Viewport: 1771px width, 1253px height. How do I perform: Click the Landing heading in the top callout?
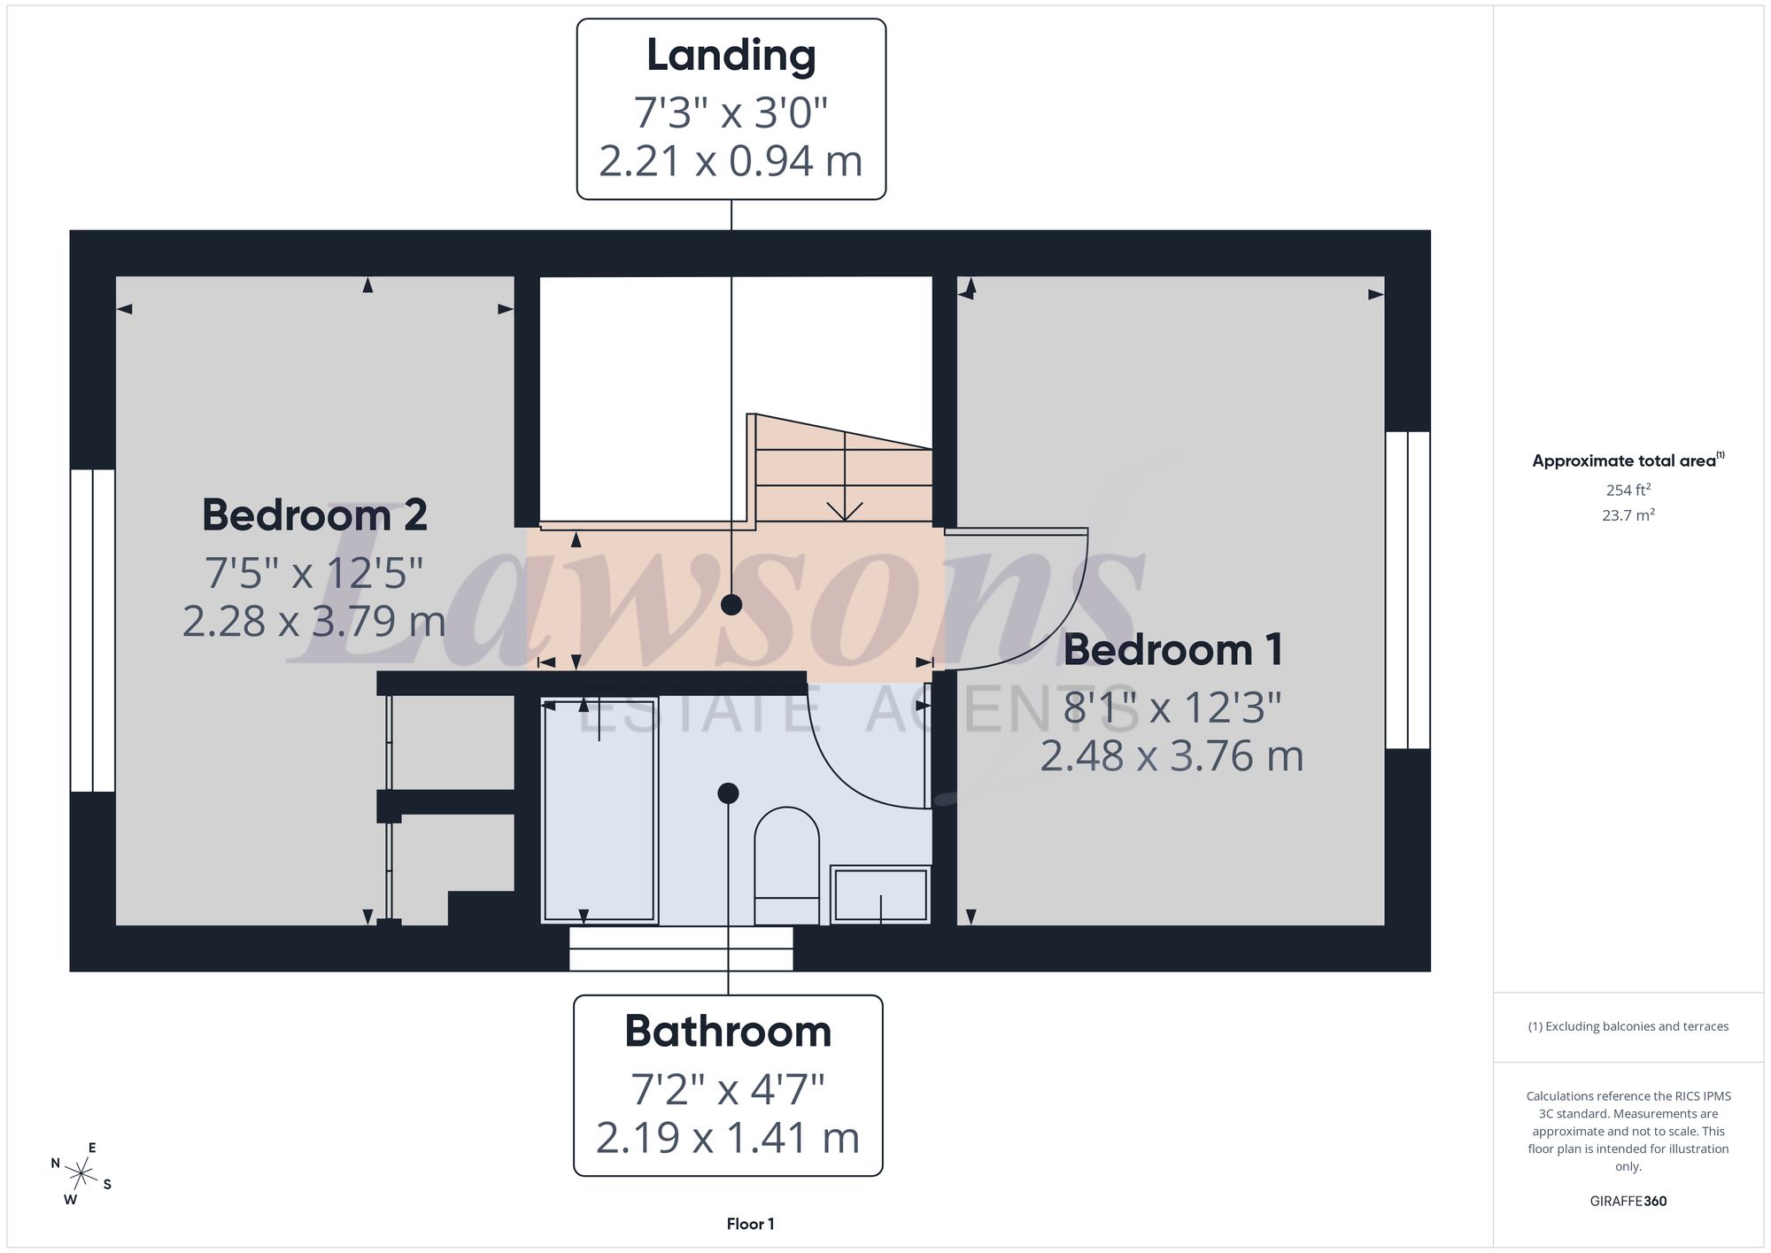click(731, 56)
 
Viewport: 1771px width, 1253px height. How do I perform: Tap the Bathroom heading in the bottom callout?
click(728, 1032)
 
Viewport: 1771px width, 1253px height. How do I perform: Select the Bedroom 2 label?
click(314, 515)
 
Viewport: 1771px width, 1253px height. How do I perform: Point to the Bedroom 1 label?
click(1172, 650)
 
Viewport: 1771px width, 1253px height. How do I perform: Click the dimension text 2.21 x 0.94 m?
click(731, 161)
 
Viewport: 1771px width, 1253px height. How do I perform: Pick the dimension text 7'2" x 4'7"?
click(728, 1089)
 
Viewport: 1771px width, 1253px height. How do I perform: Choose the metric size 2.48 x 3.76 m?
click(1172, 756)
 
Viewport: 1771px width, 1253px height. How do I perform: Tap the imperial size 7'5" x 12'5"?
click(314, 573)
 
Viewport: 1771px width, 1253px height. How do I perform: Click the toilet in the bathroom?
click(786, 866)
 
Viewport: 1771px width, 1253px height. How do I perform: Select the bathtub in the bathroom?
click(599, 811)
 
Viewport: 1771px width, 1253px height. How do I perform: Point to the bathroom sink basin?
click(880, 894)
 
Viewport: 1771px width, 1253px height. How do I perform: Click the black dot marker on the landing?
click(731, 605)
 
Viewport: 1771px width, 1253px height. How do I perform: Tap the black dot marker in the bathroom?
click(728, 793)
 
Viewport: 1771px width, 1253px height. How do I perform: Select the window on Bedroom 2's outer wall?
click(92, 630)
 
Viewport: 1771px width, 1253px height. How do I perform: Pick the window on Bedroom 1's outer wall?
click(1408, 591)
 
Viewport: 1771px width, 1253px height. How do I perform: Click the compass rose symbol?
click(81, 1175)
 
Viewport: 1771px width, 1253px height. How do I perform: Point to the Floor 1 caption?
click(750, 1224)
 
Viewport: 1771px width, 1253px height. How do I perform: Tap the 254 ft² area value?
click(1628, 490)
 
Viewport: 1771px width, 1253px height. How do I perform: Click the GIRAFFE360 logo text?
click(1628, 1202)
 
